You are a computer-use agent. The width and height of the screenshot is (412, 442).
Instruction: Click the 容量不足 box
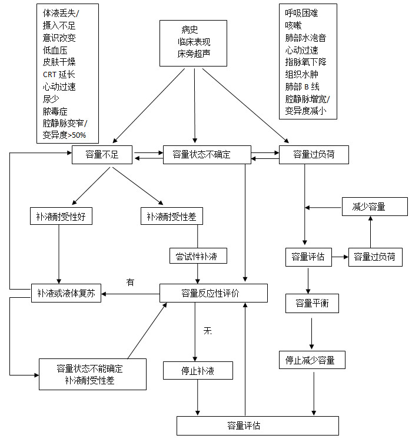pos(102,155)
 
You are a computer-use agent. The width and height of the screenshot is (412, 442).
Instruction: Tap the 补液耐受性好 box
pos(61,216)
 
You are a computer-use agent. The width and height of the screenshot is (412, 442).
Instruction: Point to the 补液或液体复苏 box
pos(65,293)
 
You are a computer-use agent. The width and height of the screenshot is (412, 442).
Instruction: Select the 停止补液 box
pos(198,371)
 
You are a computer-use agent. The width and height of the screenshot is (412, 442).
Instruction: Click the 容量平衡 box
pos(311,303)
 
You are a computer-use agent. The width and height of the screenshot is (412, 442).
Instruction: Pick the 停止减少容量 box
pos(311,360)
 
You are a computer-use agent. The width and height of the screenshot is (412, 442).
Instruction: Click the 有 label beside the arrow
pos(131,283)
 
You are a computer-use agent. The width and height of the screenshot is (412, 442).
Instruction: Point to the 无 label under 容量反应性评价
pos(207,331)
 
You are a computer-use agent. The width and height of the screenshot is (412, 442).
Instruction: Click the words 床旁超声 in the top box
pos(194,54)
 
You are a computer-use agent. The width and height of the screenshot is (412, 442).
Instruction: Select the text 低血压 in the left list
pos(55,49)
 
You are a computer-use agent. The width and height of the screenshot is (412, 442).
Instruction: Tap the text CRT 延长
pos(59,74)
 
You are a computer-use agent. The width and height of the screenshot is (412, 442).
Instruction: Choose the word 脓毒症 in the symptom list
pos(55,111)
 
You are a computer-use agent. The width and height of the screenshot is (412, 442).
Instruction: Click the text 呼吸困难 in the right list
pos(302,12)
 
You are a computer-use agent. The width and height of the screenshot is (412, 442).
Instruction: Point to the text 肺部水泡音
pos(305,37)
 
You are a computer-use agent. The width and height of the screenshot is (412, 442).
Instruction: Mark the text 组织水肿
pos(302,74)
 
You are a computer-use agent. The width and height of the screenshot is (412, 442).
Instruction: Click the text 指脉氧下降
pos(305,62)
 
